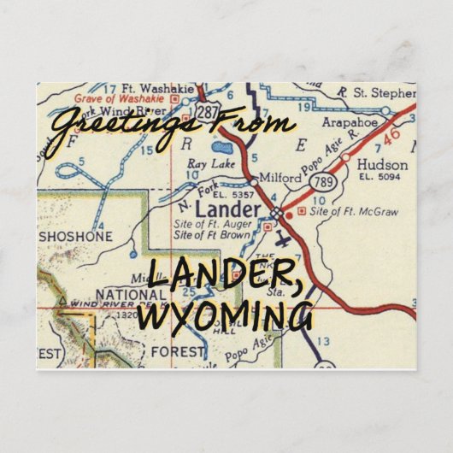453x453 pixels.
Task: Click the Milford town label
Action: pyautogui.click(x=280, y=179)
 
